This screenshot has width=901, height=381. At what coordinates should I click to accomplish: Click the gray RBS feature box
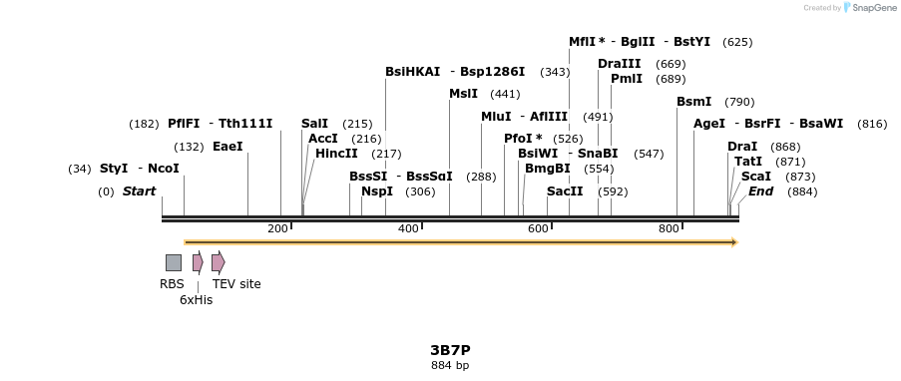(x=174, y=262)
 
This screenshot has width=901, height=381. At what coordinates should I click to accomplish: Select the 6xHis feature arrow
(x=198, y=262)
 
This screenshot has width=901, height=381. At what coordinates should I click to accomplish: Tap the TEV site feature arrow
(x=218, y=262)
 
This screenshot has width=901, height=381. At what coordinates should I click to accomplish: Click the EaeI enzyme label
(x=227, y=146)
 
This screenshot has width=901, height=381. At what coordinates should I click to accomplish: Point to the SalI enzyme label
(x=314, y=123)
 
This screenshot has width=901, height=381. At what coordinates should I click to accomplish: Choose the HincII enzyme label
(x=336, y=154)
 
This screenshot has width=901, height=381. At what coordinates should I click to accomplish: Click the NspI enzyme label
(x=377, y=191)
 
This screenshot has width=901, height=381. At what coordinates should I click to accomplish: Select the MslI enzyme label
(x=463, y=94)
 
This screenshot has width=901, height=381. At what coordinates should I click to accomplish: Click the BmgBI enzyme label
(x=547, y=169)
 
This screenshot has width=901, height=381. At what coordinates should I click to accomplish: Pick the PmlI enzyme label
(x=627, y=79)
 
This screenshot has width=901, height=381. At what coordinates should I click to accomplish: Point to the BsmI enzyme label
(x=694, y=102)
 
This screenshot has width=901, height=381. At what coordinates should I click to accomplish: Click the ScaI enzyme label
(x=756, y=177)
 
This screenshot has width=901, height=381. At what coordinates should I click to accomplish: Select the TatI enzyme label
(x=748, y=162)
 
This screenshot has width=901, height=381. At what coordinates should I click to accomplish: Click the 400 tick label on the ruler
(x=408, y=229)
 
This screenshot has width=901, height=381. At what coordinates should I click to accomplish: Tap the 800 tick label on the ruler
(x=669, y=229)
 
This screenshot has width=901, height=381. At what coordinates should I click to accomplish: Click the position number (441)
(x=506, y=95)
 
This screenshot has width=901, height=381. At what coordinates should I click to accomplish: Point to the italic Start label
(x=140, y=191)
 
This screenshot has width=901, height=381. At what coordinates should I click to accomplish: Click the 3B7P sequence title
(x=450, y=350)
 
